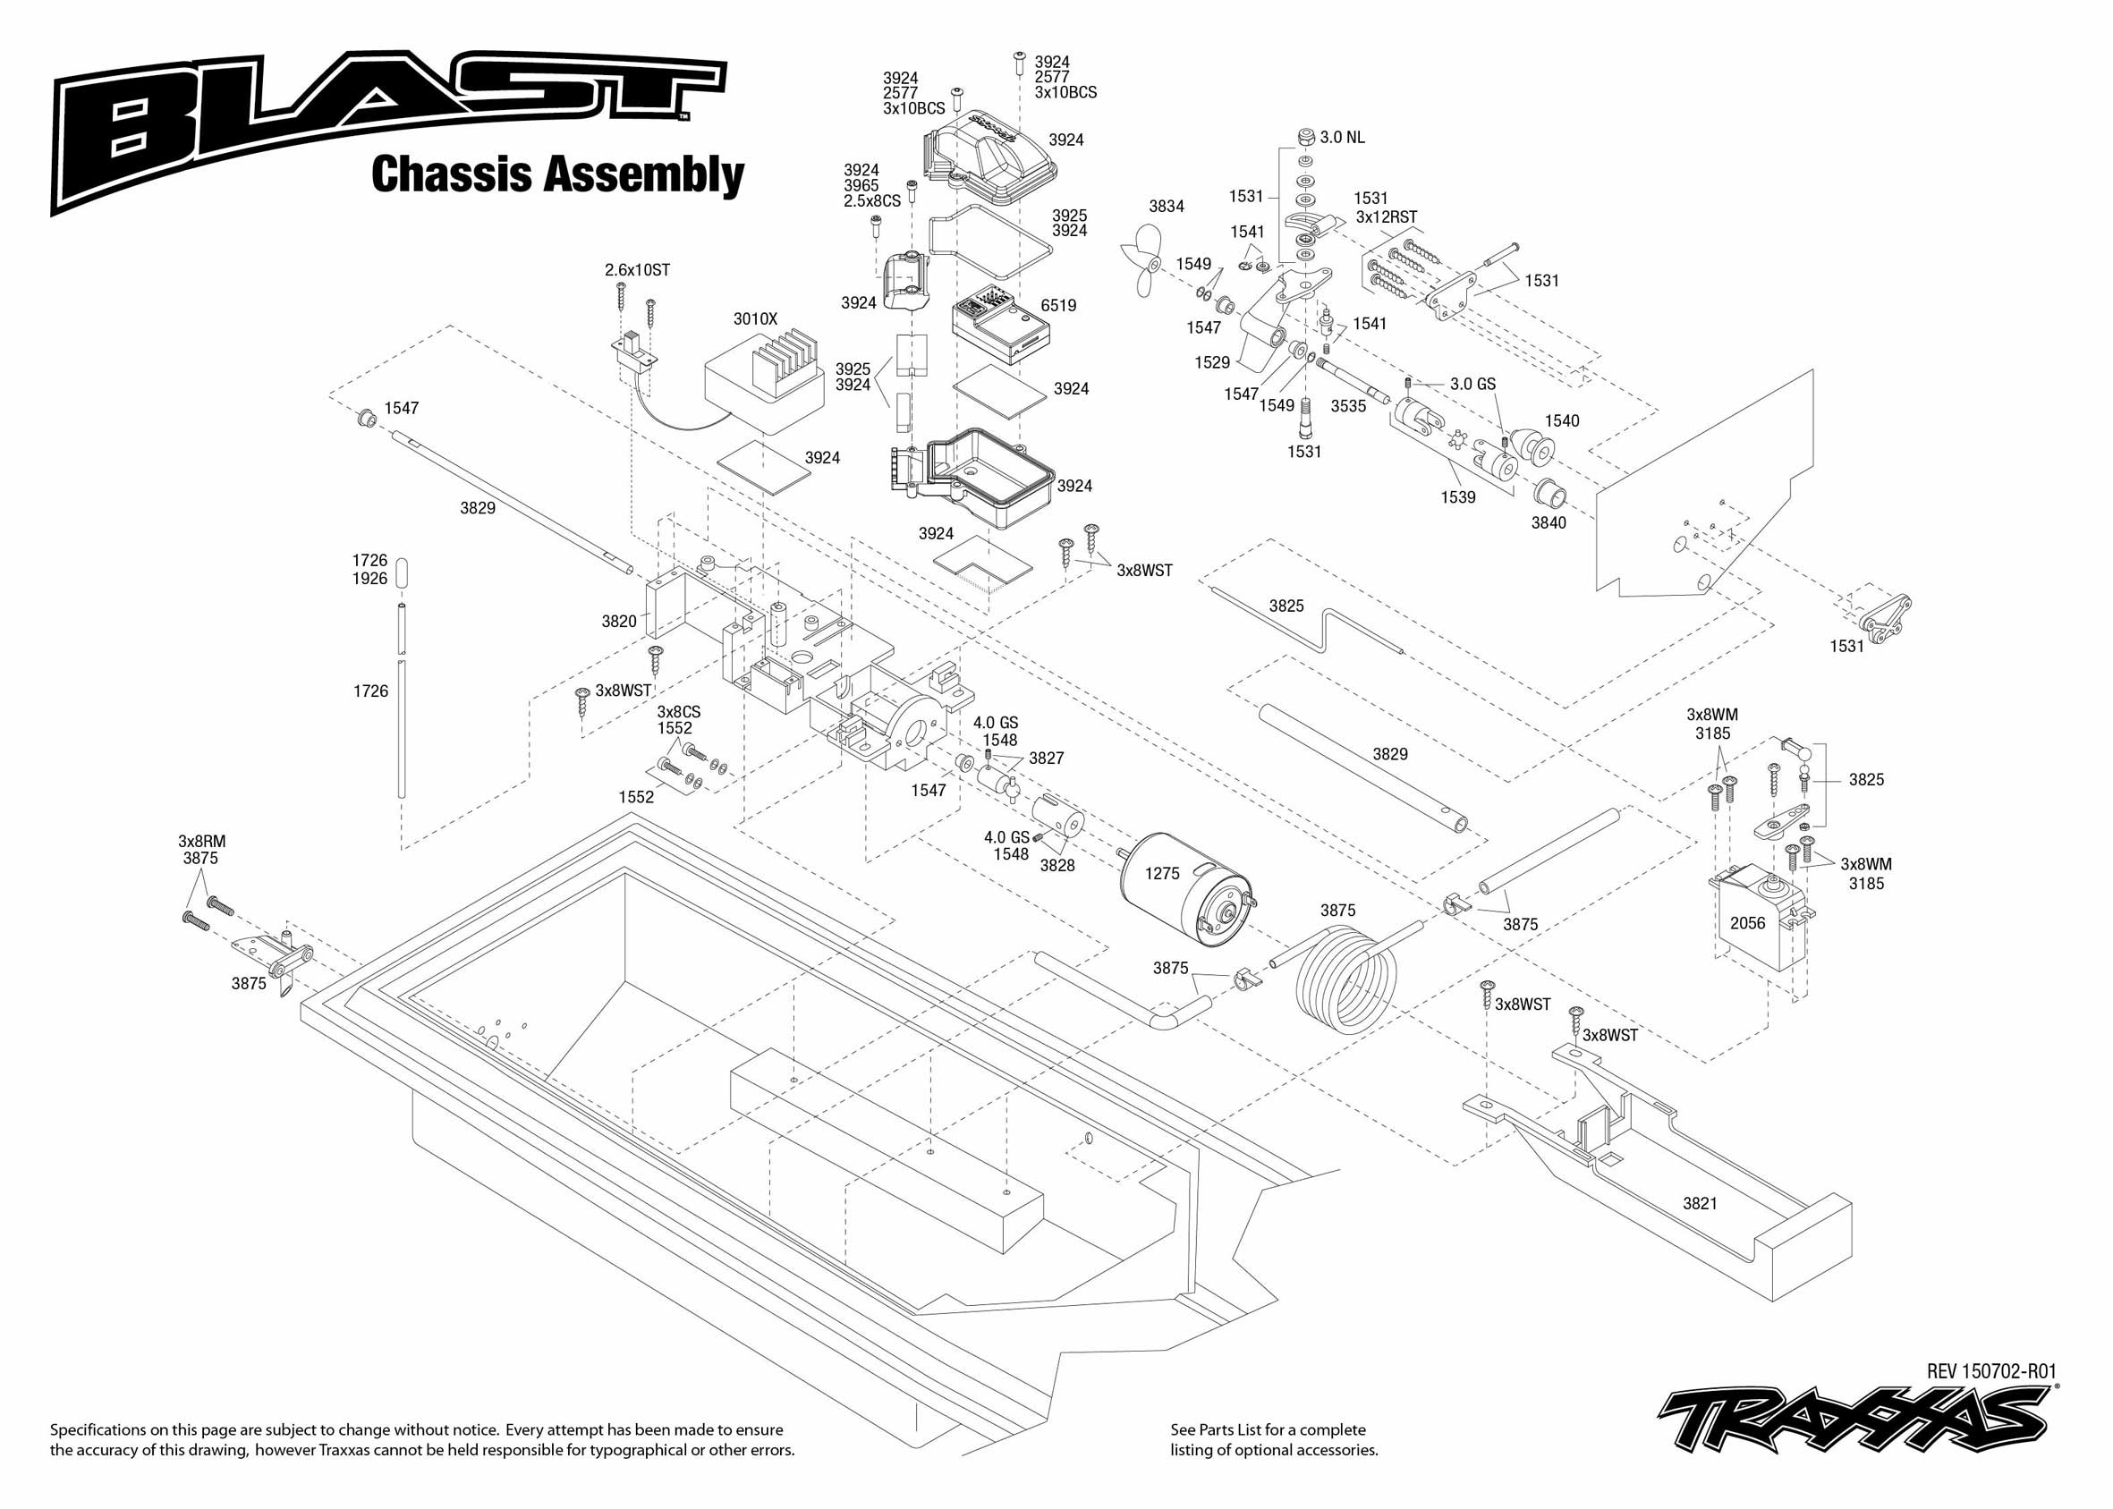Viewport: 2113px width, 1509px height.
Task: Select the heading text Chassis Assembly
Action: (557, 174)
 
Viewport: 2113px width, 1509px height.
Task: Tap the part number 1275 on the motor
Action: (1161, 873)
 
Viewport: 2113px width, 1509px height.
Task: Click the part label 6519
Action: (1058, 306)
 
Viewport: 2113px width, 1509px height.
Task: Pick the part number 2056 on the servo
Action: (1747, 923)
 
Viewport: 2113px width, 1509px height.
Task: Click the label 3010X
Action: (754, 318)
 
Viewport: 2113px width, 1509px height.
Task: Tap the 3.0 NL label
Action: (1342, 138)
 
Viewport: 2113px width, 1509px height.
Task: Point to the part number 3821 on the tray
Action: (1700, 1203)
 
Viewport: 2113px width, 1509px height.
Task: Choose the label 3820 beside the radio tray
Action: (619, 622)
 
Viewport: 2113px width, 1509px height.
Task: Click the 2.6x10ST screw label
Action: (637, 270)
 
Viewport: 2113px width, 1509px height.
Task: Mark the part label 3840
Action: (1548, 523)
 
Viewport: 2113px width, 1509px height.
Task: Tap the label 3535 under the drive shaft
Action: (1347, 406)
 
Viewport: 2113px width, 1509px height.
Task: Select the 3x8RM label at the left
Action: (201, 841)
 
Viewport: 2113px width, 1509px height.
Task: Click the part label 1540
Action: (1561, 421)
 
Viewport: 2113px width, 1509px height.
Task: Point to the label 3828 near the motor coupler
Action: (1056, 866)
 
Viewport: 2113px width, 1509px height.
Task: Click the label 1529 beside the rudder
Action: (1211, 362)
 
